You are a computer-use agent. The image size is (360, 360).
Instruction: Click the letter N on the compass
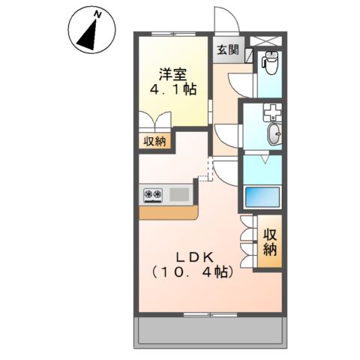click(x=97, y=13)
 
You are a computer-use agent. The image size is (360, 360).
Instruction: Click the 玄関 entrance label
click(x=228, y=51)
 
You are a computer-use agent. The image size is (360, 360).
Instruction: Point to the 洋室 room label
click(x=172, y=74)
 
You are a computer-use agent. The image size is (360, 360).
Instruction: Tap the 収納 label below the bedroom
click(x=155, y=141)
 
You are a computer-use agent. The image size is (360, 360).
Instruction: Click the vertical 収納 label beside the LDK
click(x=270, y=241)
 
